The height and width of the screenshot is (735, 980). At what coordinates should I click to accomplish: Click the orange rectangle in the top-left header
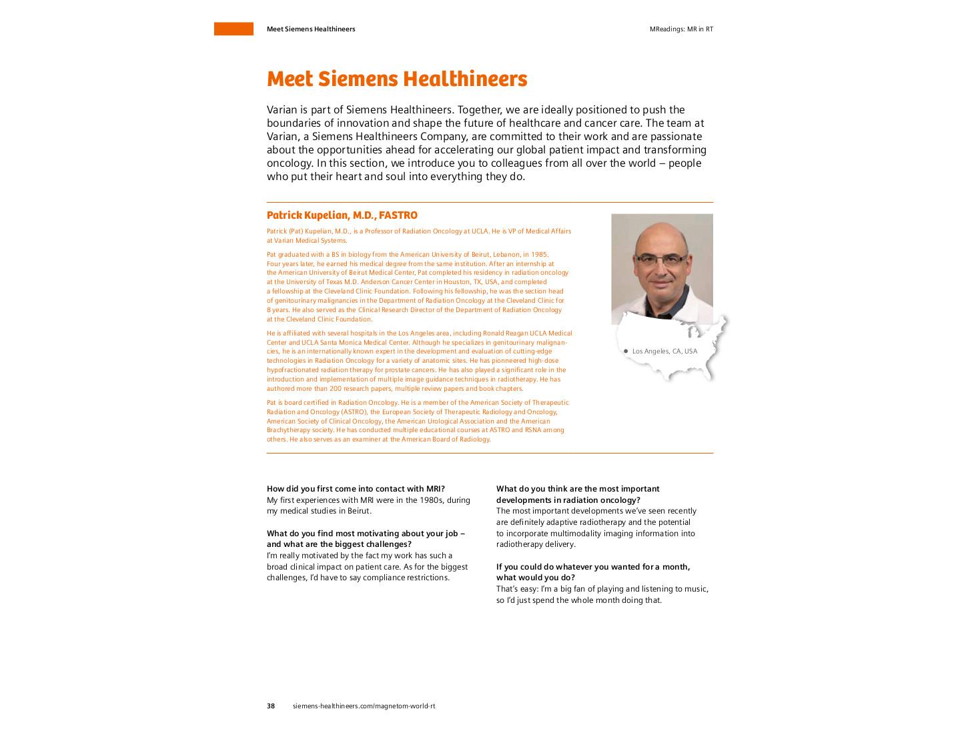(233, 29)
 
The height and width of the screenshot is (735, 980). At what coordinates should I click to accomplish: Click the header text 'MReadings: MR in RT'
(681, 29)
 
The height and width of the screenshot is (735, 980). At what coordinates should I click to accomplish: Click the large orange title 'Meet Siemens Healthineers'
(396, 79)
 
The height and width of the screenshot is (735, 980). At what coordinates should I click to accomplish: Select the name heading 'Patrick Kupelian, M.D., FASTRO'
(342, 215)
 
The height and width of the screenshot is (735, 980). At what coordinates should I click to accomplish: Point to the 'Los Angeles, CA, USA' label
(664, 351)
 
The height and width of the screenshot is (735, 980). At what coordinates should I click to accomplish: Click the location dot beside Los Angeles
(626, 351)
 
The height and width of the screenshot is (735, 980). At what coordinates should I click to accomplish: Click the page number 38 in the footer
(271, 706)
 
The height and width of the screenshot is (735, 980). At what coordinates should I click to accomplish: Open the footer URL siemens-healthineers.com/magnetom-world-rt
(364, 706)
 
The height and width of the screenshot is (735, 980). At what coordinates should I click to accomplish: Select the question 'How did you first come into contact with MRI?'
(356, 489)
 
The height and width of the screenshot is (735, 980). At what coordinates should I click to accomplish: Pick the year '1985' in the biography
(539, 254)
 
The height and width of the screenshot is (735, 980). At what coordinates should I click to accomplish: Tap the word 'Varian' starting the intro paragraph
(282, 110)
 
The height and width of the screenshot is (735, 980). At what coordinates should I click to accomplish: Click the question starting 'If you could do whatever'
(592, 567)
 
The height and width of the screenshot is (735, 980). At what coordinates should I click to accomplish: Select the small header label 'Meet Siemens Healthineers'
(311, 29)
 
